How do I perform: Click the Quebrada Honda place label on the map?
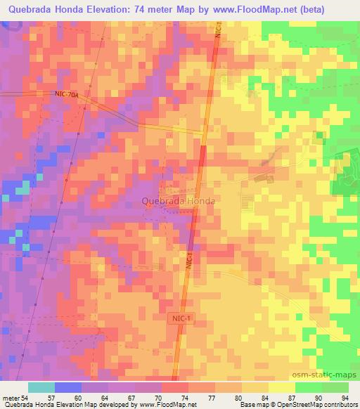(178, 201)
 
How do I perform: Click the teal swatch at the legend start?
(41, 387)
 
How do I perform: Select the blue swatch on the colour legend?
(67, 387)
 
